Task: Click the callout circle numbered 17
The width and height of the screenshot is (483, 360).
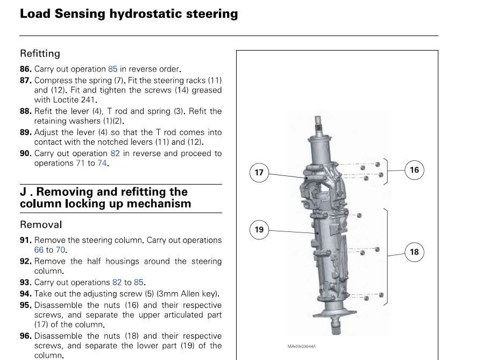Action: (x=259, y=172)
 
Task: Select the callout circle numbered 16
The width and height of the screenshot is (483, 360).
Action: (x=414, y=170)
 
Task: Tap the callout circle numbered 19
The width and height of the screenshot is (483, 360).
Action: (x=259, y=230)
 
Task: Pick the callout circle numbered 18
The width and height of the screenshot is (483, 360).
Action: (x=414, y=252)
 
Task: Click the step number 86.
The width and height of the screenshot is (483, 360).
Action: (x=25, y=69)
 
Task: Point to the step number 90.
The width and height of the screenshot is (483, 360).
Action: (x=25, y=153)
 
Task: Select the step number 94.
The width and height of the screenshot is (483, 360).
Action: (x=25, y=294)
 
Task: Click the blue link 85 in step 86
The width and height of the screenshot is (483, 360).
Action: (x=112, y=69)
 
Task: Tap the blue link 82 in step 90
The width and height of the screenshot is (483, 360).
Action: (x=115, y=153)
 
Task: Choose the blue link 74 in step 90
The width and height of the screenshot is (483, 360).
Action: (x=102, y=163)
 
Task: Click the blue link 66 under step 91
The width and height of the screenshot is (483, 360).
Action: (x=39, y=250)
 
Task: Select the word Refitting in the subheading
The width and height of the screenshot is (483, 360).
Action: (x=40, y=53)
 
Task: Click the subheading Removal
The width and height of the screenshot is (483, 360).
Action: (x=41, y=224)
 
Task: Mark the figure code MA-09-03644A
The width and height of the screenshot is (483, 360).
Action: (x=302, y=347)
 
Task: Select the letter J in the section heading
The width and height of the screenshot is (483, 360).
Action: (x=24, y=192)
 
